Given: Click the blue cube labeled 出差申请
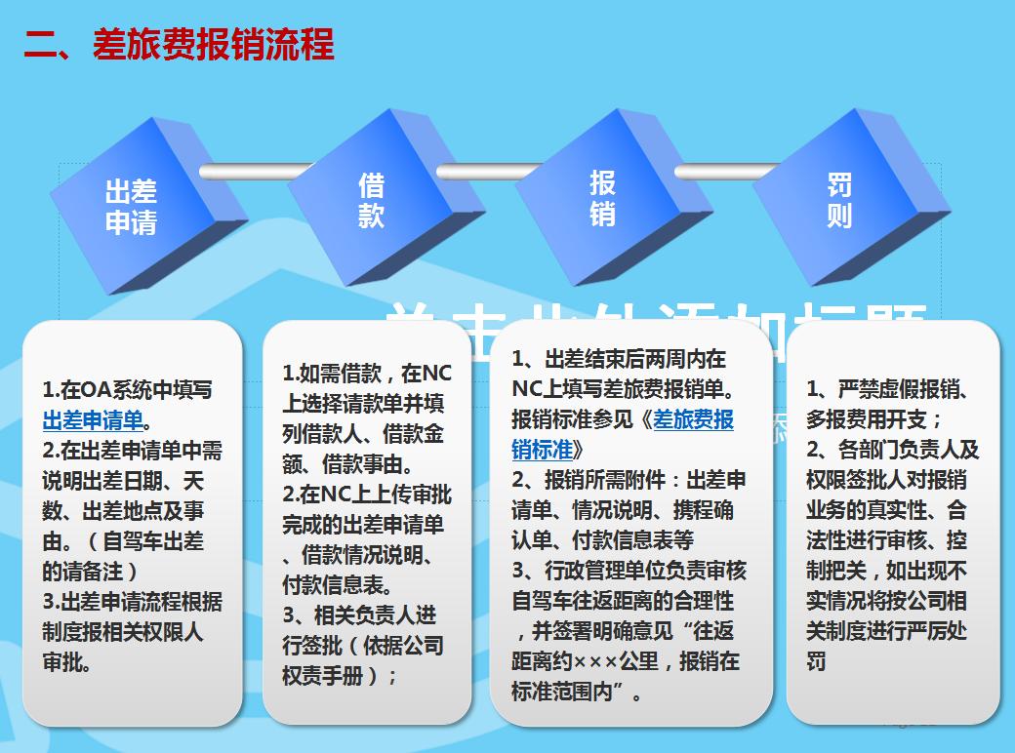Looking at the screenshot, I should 131,207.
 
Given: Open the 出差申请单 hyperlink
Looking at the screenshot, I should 93,421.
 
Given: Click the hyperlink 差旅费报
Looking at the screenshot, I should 693,419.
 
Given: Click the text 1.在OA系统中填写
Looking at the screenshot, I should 127,390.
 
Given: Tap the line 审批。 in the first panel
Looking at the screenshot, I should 67,662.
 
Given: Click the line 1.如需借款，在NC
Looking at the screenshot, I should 367,373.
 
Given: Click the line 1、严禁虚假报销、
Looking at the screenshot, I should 887,389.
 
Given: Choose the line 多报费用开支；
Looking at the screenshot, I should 873,419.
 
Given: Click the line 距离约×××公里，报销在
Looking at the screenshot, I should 626,661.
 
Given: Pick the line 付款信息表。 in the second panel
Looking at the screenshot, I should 338,585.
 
